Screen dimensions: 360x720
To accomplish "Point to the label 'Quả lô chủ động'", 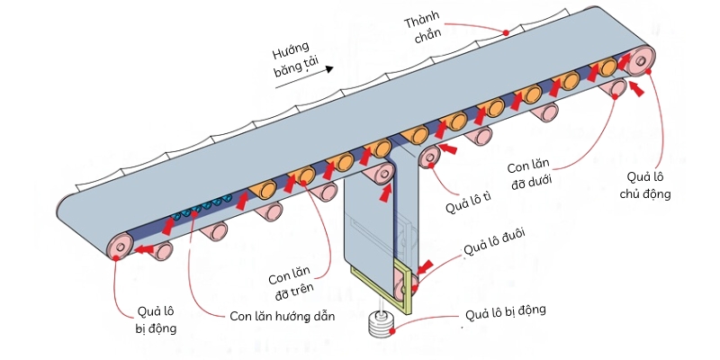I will point(646,184).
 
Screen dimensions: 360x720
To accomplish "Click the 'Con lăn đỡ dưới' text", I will point(532,175).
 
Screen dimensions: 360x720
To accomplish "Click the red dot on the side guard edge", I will point(506,32).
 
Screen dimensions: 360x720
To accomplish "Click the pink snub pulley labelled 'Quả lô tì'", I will point(429,158).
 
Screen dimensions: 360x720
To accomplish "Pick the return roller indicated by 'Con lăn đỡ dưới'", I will point(616,87).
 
